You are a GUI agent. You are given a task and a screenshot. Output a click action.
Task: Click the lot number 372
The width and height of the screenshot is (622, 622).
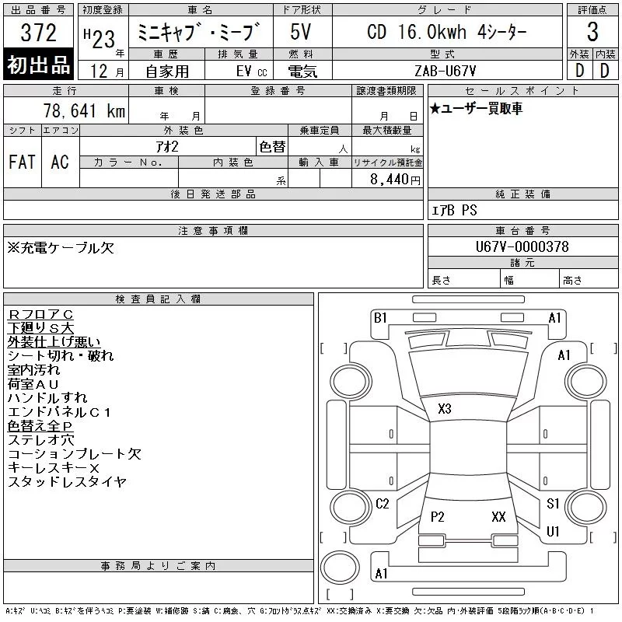tap(38, 33)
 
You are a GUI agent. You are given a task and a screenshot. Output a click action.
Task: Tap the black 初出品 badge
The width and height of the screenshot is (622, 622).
tap(38, 64)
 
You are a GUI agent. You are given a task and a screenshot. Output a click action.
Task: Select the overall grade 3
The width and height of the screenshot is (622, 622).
tap(592, 32)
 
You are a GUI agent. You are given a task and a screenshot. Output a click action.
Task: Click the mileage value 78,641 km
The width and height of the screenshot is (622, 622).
tap(84, 110)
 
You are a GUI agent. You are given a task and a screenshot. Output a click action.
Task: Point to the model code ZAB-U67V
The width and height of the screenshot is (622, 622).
tap(445, 71)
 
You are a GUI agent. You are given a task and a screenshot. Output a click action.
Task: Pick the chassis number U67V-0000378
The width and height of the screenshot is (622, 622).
tap(522, 246)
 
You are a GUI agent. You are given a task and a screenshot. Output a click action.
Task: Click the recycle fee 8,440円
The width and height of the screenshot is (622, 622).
tap(395, 180)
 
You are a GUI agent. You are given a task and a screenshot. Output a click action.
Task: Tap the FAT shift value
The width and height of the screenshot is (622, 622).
tap(23, 162)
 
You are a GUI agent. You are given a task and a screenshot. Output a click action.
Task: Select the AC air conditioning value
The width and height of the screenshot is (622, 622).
tap(60, 162)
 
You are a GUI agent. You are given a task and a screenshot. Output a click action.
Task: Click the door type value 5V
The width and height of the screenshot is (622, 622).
tap(301, 32)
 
